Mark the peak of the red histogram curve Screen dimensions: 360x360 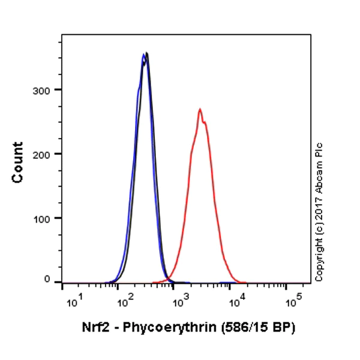[x=200, y=110]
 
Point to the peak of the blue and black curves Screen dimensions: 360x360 [x=145, y=55]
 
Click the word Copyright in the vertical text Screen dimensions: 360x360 [x=319, y=262]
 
